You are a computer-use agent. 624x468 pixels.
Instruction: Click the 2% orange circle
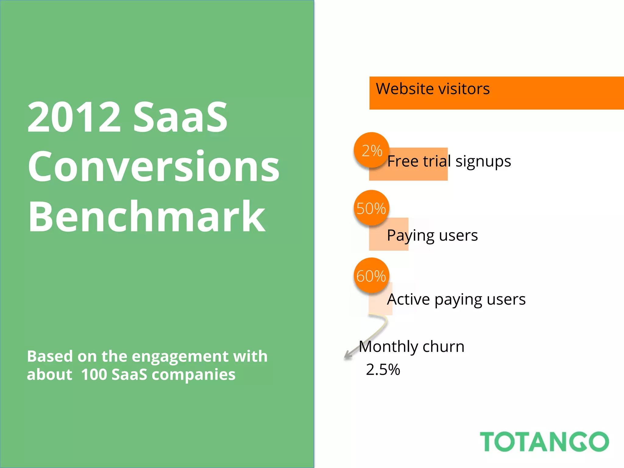click(371, 150)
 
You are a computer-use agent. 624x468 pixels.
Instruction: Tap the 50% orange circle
click(371, 208)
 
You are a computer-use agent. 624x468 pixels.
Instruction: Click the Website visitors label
click(433, 89)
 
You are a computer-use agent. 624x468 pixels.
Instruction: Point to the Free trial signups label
click(449, 161)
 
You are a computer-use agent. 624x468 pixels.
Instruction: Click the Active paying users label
click(456, 299)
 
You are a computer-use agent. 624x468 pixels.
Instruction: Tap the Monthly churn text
click(412, 347)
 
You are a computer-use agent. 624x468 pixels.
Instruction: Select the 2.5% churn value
click(383, 370)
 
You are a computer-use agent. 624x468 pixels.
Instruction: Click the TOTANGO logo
click(544, 441)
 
